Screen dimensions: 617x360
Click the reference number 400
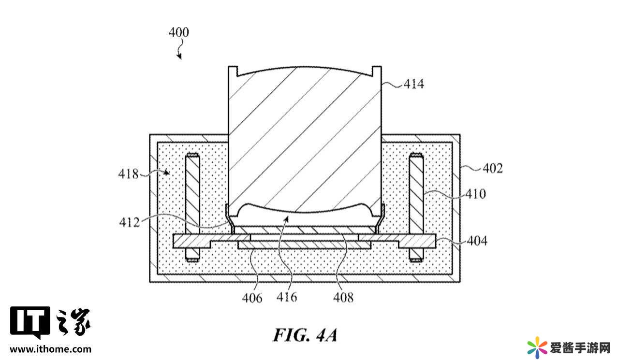[x=179, y=32]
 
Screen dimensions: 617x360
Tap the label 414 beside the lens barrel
[x=414, y=84]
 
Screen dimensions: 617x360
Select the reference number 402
[x=493, y=168]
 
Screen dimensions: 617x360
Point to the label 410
[x=476, y=194]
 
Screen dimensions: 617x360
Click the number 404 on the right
[x=477, y=241]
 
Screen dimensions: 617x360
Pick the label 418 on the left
[x=128, y=174]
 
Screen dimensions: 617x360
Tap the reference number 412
[x=130, y=222]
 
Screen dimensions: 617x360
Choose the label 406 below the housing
[x=252, y=298]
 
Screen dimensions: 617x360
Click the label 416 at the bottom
[x=287, y=297]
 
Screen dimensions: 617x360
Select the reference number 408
[x=343, y=298]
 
